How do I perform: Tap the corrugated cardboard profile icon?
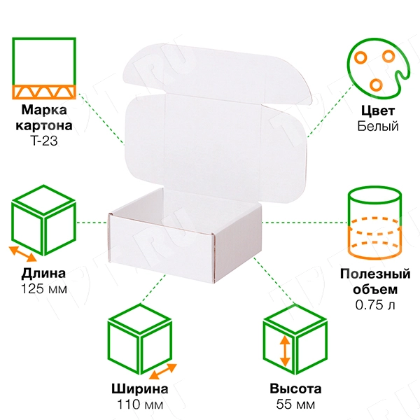43,67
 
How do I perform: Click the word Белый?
377,126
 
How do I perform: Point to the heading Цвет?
377,111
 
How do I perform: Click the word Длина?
44,273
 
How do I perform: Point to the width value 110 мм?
139,405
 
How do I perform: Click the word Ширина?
139,389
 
